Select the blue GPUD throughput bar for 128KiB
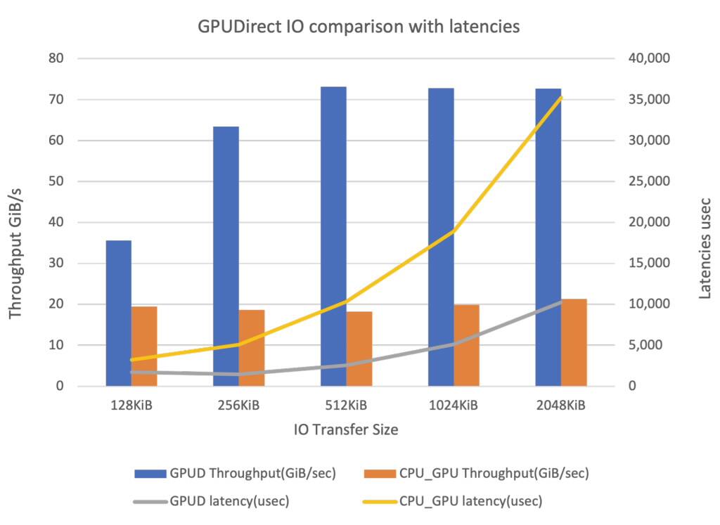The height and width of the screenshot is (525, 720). [118, 313]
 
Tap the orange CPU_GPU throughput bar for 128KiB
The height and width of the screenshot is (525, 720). [144, 346]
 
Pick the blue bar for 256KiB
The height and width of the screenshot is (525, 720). [226, 257]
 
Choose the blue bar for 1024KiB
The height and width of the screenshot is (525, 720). [441, 237]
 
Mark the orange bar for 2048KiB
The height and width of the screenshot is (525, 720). [574, 342]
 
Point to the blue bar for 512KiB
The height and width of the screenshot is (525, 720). [333, 236]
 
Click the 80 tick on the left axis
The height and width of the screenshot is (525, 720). [57, 58]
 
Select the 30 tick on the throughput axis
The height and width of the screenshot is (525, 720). [57, 264]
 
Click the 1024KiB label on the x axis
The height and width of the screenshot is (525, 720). [454, 406]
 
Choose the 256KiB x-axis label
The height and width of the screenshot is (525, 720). [238, 406]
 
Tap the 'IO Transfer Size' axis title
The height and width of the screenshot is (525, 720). [345, 430]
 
